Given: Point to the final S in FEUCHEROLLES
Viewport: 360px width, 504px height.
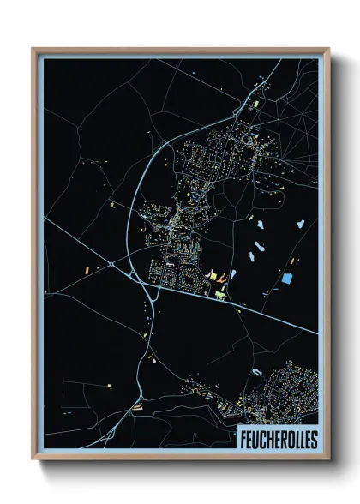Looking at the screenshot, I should click(312, 438).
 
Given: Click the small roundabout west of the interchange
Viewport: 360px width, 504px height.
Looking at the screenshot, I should click(113, 266).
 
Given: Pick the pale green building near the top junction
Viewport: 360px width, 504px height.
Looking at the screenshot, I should click(255, 104).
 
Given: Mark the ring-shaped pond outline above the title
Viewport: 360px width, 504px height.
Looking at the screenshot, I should click(256, 372).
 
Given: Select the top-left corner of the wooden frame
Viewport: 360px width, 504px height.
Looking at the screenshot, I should click(33, 49).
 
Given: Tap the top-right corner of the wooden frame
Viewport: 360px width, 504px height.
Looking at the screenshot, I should click(328, 49).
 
